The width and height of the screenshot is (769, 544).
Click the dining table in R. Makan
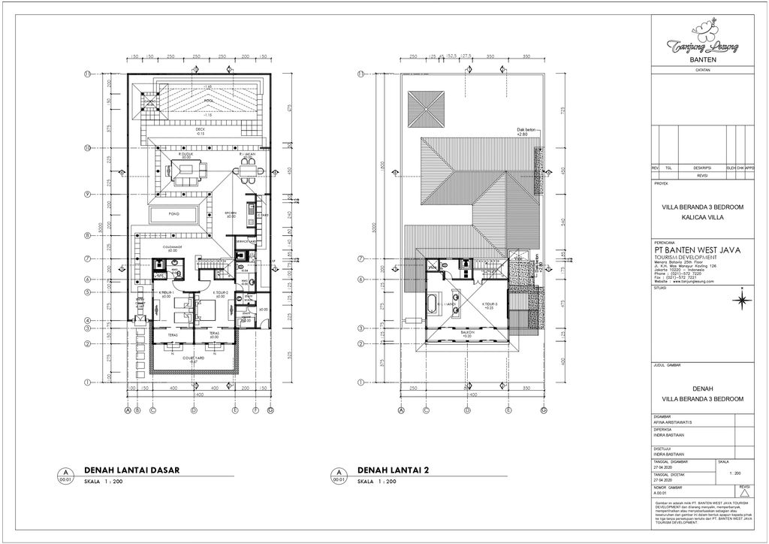249,171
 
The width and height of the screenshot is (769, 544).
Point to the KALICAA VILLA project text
702,216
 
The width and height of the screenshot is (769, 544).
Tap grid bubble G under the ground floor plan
270,410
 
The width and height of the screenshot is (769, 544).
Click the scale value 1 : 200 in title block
734,473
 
